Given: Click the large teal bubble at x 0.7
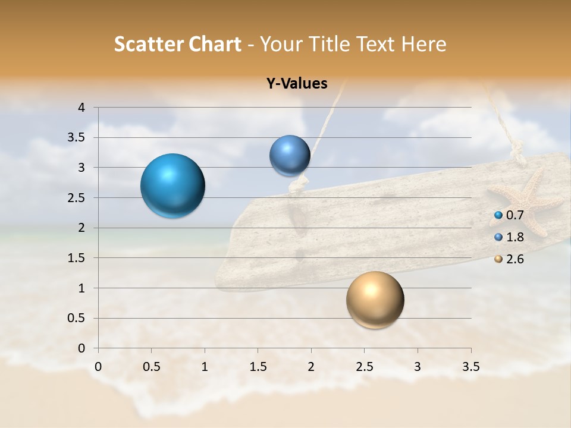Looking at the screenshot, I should point(173,185).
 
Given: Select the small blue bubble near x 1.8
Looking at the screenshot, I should point(290,156).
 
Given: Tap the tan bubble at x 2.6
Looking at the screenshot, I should point(375,300).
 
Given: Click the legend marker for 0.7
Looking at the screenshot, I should point(498,215).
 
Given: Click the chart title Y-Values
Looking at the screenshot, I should point(296,84).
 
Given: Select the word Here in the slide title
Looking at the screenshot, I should point(423,44).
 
